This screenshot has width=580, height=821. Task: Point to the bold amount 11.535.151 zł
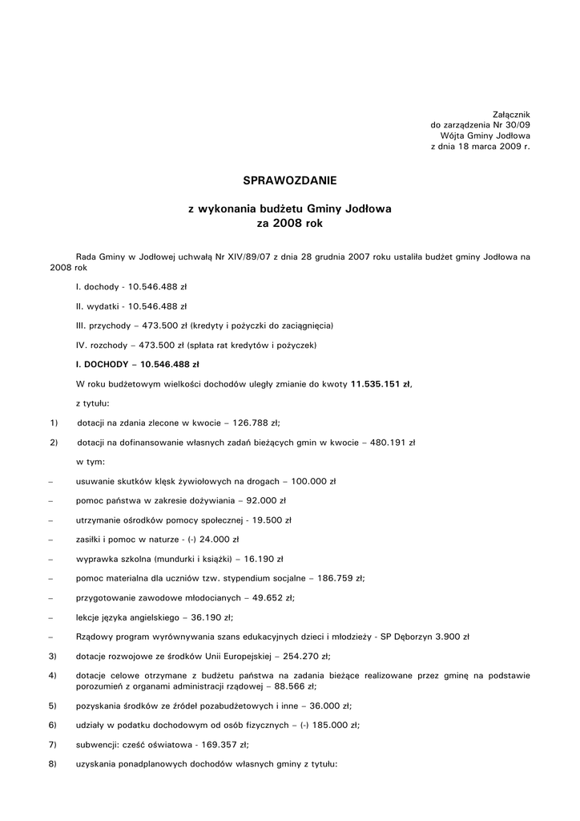[381, 384]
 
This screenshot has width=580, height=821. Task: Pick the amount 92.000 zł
[267, 500]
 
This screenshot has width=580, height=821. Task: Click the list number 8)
[52, 764]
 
